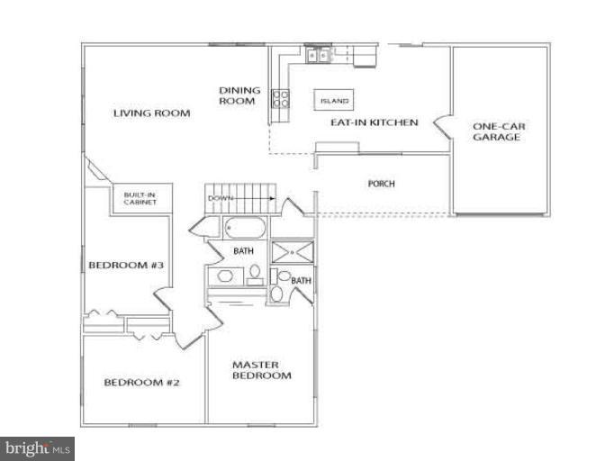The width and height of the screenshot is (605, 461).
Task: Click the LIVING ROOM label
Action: (x=151, y=113)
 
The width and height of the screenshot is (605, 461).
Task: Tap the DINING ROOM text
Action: (x=239, y=95)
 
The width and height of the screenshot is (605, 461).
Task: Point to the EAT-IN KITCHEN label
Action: (x=374, y=122)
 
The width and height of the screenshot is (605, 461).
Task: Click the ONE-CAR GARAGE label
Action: (x=498, y=132)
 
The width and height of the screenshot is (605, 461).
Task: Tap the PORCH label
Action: (x=382, y=185)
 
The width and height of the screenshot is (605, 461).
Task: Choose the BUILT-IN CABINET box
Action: (x=135, y=198)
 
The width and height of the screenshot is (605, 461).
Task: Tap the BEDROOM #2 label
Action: (x=141, y=383)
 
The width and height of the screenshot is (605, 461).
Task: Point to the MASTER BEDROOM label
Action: (x=261, y=370)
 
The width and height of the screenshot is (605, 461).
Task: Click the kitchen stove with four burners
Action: (x=280, y=97)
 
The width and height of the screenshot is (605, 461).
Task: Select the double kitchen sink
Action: (x=318, y=55)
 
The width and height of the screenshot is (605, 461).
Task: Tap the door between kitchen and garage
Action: (x=442, y=122)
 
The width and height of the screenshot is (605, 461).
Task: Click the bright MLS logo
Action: (x=38, y=447)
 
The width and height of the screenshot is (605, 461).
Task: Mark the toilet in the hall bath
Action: (x=255, y=273)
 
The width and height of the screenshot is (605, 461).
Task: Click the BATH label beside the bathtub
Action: (x=243, y=251)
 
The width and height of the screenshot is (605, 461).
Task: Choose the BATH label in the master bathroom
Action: (x=301, y=281)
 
